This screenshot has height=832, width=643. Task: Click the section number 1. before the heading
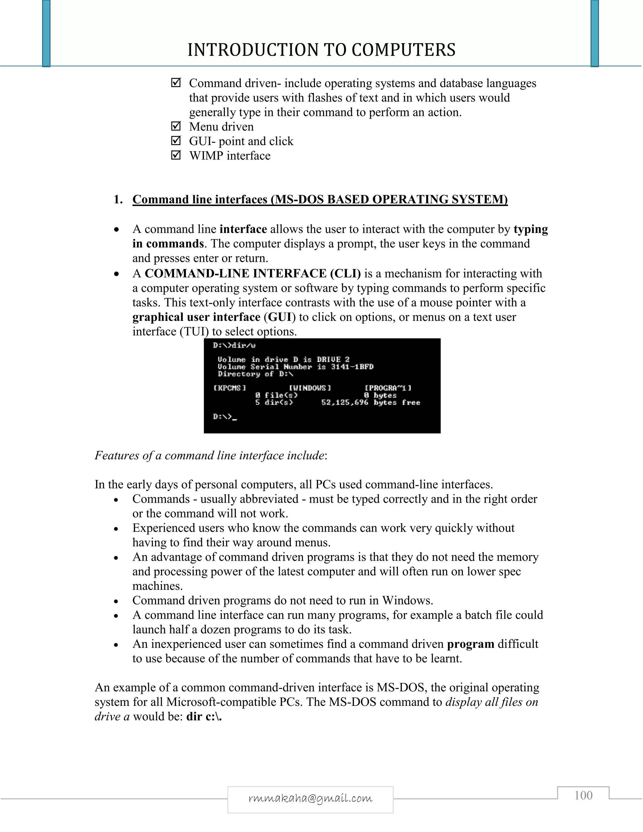(x=118, y=200)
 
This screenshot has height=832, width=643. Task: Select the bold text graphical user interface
(x=196, y=317)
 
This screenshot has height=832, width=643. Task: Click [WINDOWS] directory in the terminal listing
(x=310, y=388)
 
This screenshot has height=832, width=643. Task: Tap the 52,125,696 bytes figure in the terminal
(x=345, y=402)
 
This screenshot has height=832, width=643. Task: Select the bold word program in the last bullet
(x=470, y=644)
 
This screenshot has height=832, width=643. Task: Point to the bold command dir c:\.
(x=204, y=716)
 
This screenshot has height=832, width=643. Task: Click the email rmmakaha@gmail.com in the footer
(x=310, y=798)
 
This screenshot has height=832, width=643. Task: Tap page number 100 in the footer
(x=583, y=796)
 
